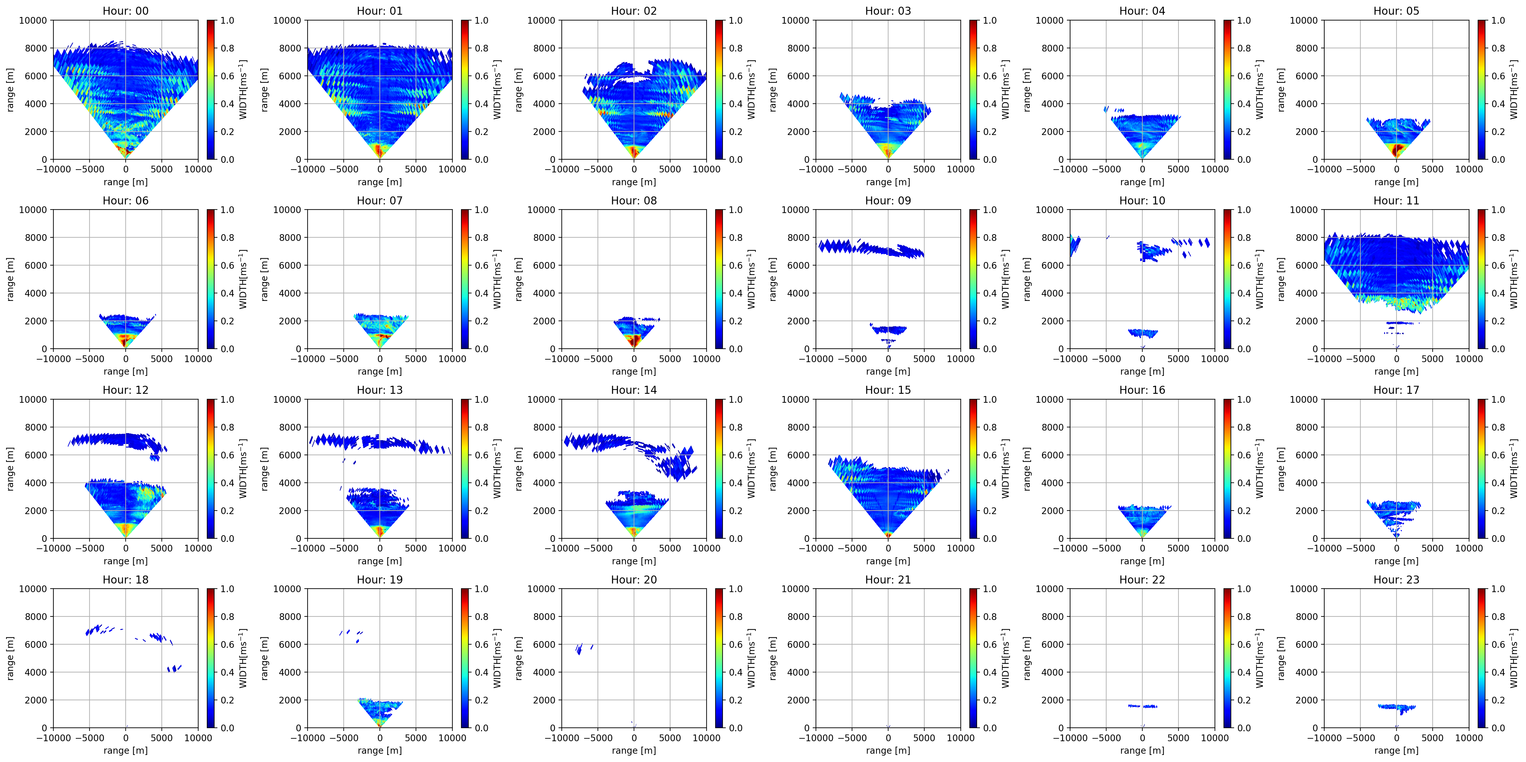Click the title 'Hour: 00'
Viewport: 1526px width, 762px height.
coord(126,11)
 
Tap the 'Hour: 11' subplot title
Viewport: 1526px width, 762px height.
coord(1396,200)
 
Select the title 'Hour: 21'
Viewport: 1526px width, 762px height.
coord(888,580)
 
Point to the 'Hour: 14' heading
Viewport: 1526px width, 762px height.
coord(634,390)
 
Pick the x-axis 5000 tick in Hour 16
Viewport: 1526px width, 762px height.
coord(1178,548)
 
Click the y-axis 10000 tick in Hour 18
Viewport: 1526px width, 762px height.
coord(33,589)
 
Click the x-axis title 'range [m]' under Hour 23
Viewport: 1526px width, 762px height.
coord(1396,750)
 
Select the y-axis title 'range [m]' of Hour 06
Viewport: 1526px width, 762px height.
coord(10,279)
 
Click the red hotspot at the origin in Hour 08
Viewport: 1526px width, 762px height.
coord(634,341)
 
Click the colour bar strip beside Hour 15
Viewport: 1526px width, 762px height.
coord(973,469)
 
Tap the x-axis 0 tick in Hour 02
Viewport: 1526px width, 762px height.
coord(634,169)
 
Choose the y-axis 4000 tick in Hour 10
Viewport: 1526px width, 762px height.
coord(1052,293)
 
